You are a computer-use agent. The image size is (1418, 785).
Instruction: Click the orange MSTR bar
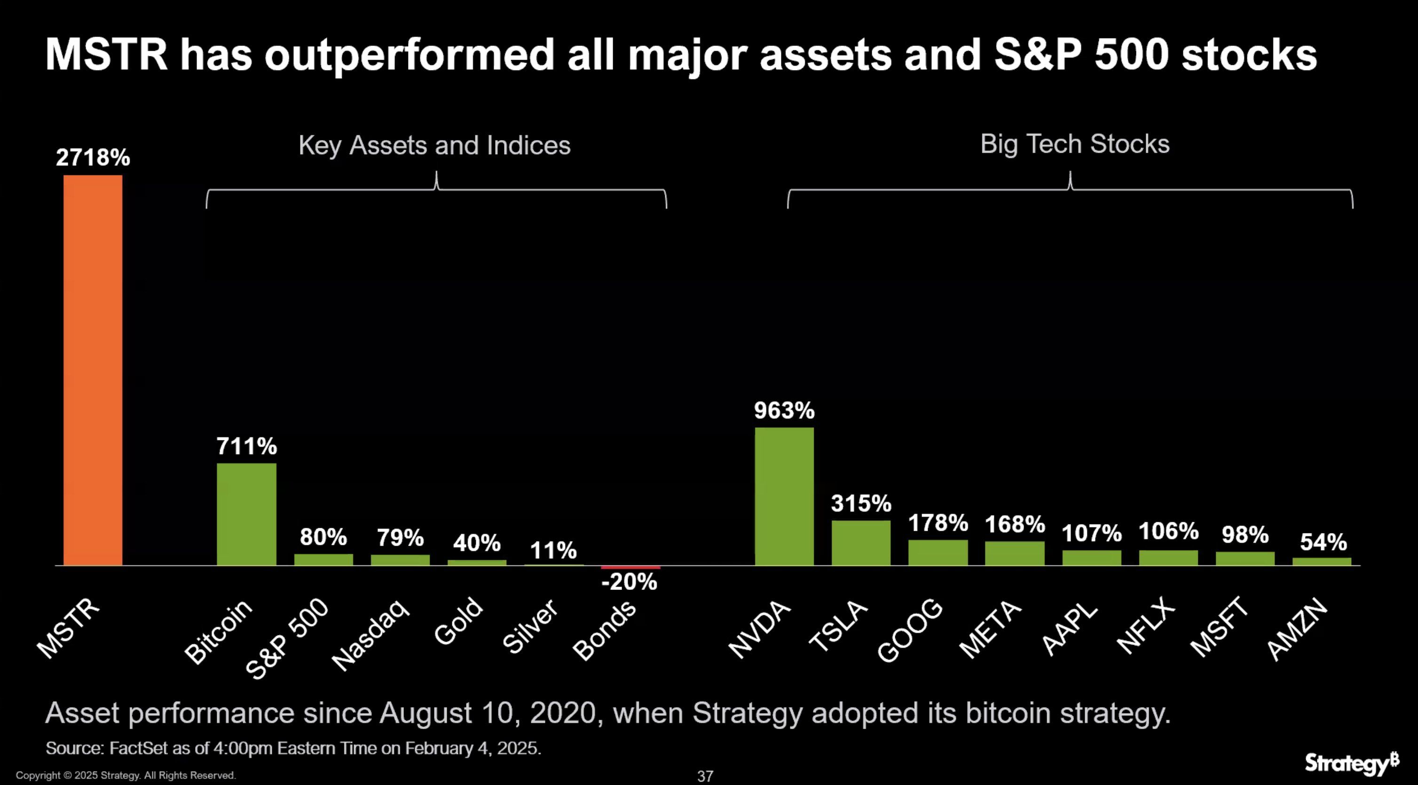[93, 370]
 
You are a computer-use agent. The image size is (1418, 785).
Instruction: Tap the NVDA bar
[784, 496]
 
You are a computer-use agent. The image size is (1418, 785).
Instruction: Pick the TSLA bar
[861, 542]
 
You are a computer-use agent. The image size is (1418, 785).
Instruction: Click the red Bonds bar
[630, 567]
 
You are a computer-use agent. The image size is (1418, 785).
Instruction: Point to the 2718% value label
[93, 158]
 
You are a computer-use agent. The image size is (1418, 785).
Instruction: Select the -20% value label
[629, 582]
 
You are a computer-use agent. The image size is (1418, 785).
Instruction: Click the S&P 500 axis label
[287, 638]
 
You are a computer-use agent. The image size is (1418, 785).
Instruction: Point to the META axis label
[990, 629]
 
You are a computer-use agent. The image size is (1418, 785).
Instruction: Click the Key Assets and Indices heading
[434, 146]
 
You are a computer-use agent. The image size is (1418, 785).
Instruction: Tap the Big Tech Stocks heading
[1074, 144]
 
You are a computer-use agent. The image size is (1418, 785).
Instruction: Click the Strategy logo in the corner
[1351, 763]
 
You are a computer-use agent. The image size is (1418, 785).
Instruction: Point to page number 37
[705, 776]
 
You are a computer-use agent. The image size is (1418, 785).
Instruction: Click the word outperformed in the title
[409, 55]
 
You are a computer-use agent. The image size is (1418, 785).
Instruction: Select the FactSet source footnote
[293, 748]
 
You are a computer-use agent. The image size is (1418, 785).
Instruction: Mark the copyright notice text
[126, 775]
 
